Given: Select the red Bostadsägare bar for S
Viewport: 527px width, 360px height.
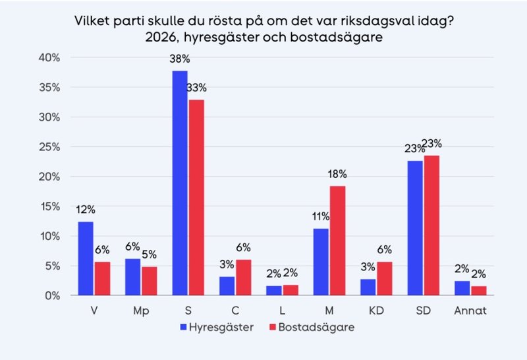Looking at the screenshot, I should [x=196, y=197].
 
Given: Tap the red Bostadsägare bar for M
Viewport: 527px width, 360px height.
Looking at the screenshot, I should [x=337, y=241].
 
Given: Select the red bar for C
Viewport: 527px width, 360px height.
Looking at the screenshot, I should [x=243, y=278].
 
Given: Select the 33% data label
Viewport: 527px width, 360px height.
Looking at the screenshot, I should [x=196, y=87].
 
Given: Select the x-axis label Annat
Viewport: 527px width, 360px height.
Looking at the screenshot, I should [x=470, y=310].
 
